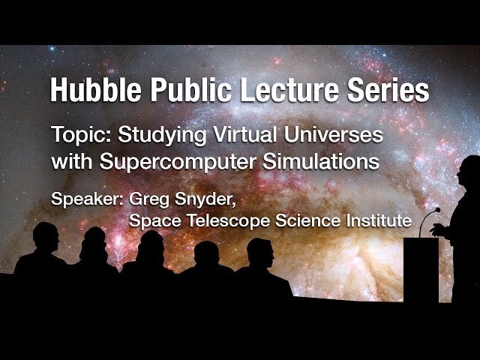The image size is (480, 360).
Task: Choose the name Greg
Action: point(150,201)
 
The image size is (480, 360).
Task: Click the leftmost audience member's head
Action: point(44,238)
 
